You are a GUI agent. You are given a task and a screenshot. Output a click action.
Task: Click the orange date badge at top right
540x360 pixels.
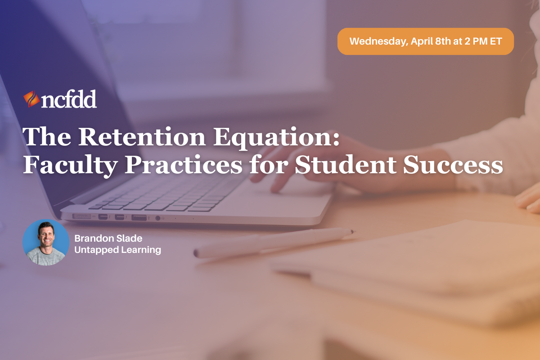pyautogui.click(x=425, y=41)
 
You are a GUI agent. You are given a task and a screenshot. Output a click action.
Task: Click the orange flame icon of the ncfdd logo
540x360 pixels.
pyautogui.click(x=31, y=99)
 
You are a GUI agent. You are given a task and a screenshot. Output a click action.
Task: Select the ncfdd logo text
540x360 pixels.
pyautogui.click(x=69, y=100)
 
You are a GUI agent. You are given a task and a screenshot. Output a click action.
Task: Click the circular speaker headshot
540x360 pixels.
pyautogui.click(x=45, y=243)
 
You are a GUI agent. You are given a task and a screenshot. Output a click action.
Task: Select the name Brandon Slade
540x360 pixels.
pyautogui.click(x=108, y=238)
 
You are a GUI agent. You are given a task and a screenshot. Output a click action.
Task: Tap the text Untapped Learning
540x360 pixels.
pyautogui.click(x=117, y=250)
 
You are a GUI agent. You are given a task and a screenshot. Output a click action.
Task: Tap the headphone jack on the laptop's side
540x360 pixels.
pyautogui.click(x=157, y=218)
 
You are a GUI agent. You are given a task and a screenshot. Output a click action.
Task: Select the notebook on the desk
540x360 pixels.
pyautogui.click(x=405, y=261)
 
